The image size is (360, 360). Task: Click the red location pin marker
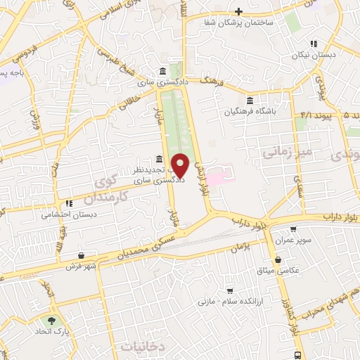(181, 165)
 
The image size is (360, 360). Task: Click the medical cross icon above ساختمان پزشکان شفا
(239, 11)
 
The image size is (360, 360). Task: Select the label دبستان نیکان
(314, 54)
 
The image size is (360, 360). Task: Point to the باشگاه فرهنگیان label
(251, 111)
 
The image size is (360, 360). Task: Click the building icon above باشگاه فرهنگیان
(251, 100)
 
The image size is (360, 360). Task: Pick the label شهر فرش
(79, 266)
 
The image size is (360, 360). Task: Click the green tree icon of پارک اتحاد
(51, 319)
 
